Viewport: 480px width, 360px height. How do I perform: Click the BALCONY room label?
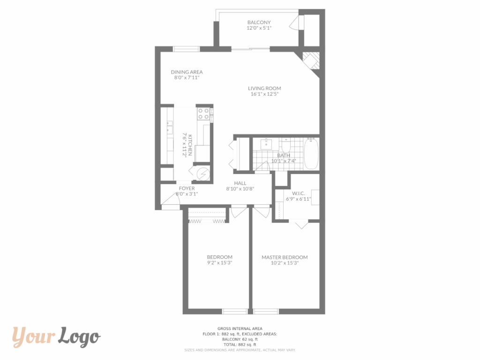pos(259,22)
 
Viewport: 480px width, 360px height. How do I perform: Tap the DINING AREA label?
pos(187,72)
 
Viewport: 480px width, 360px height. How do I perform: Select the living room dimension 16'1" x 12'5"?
pos(264,94)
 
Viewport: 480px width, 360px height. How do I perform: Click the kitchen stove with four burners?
pos(203,113)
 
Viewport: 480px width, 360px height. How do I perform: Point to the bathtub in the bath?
pos(311,153)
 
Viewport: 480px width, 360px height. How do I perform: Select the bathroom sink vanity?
pos(266,144)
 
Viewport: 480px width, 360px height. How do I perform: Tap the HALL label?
pos(240,183)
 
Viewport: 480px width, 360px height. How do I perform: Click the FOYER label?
pos(187,188)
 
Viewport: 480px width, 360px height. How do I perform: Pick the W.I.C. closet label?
pos(299,194)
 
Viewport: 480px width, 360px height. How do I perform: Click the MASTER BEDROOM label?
pos(285,257)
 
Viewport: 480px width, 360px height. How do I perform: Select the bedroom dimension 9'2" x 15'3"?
pos(220,262)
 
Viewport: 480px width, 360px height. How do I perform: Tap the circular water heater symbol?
pos(202,174)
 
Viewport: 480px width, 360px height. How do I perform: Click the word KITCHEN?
pos(190,145)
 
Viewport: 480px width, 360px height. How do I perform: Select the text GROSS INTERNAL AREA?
pos(240,329)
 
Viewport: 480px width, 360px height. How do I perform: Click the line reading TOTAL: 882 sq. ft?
pos(240,345)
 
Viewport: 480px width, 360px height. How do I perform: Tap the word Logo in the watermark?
pos(80,337)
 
